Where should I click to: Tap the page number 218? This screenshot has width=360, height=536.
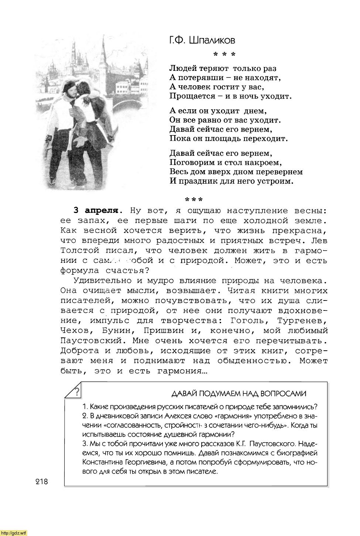click(x=42, y=481)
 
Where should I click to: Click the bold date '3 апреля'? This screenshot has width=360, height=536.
click(x=97, y=211)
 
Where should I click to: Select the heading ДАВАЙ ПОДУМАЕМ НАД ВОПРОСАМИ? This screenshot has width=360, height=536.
click(x=239, y=394)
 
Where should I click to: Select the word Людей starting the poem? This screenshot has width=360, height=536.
click(x=183, y=68)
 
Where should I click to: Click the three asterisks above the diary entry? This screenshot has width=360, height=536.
click(x=194, y=200)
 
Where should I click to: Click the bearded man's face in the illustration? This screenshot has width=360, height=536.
click(x=71, y=90)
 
